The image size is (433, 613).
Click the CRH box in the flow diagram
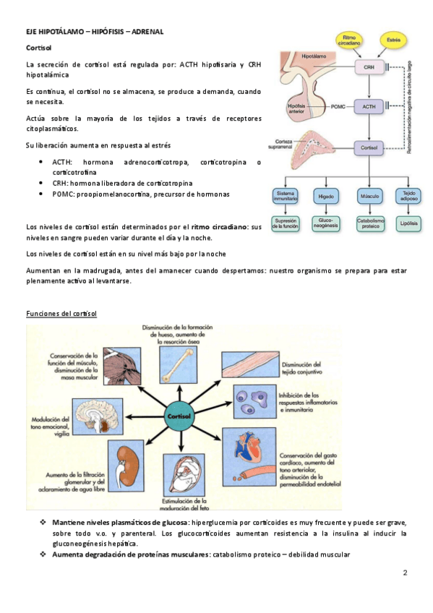point(369,67)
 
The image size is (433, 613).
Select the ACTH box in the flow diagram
point(369,106)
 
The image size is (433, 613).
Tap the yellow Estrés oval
point(393,40)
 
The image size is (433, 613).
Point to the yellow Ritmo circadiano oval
point(349,40)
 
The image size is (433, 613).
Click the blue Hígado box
point(325,196)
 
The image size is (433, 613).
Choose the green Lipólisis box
point(408,224)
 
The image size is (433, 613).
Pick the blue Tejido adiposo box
point(408,196)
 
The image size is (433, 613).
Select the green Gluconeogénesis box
point(325,224)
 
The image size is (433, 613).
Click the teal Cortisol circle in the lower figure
point(179,416)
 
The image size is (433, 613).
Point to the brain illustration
point(98,417)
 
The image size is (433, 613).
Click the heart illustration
point(249,457)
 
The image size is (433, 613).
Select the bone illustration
point(179,365)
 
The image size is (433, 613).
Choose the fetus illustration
point(184,476)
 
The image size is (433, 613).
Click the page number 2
point(405,573)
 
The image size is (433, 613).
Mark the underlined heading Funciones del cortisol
point(61,314)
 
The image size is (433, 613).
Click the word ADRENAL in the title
point(147,32)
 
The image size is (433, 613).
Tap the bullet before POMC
point(40,194)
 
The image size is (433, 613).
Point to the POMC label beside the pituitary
point(338,106)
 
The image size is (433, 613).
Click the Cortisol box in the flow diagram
point(369,147)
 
